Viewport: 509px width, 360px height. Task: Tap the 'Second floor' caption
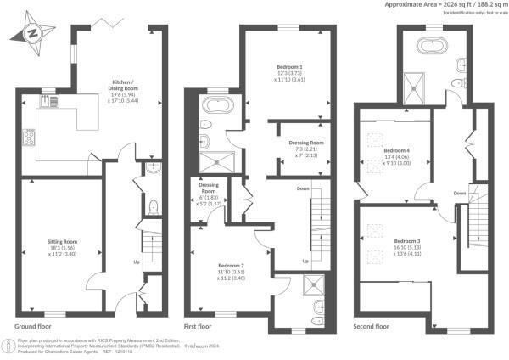[371, 326]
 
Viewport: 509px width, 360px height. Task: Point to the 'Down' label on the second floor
[459, 194]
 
